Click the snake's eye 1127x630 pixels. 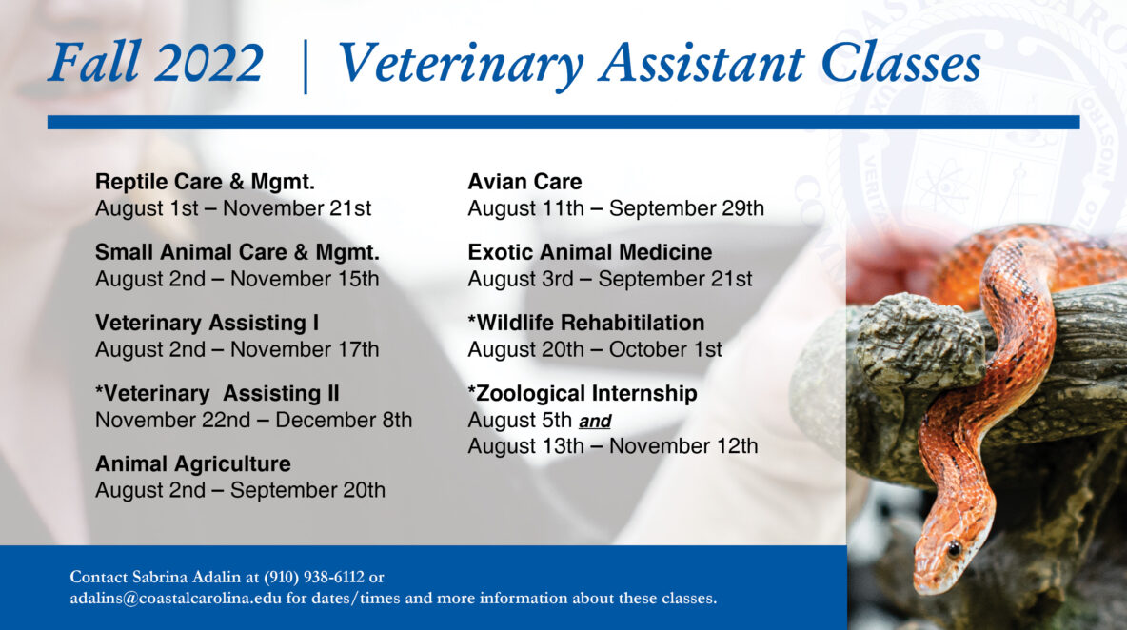click(x=953, y=548)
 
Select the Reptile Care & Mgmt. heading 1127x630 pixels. click(x=205, y=182)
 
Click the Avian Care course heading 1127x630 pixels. click(x=524, y=182)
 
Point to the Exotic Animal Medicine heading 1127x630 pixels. click(x=589, y=252)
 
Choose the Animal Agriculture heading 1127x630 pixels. click(x=192, y=464)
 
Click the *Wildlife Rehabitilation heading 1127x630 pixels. click(x=585, y=323)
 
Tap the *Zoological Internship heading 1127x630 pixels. click(x=582, y=394)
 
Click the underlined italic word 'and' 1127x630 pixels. click(x=595, y=422)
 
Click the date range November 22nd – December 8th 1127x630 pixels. click(x=253, y=420)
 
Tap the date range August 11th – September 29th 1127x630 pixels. click(x=615, y=208)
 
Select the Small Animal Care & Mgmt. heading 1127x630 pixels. click(x=237, y=252)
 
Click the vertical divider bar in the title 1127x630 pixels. click(x=305, y=65)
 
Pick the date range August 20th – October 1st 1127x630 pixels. click(x=594, y=349)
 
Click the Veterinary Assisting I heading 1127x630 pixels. click(x=207, y=323)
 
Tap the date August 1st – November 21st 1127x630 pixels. click(x=233, y=208)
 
